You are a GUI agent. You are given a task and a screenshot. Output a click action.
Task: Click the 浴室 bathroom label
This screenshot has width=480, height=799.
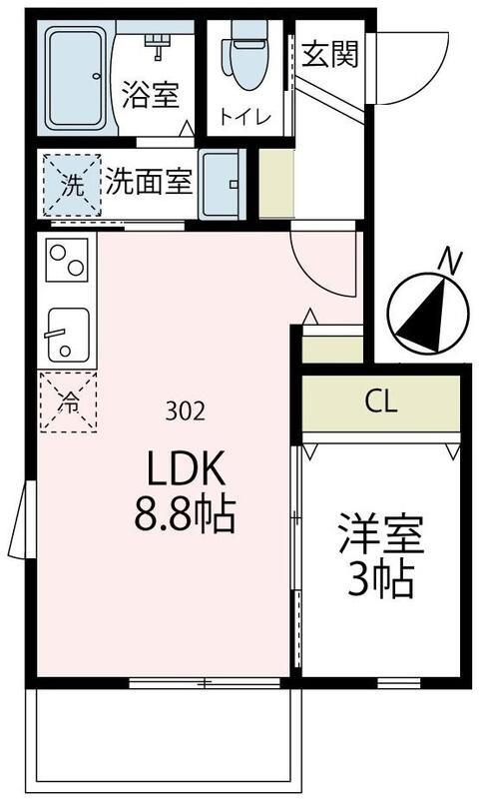coord(151,96)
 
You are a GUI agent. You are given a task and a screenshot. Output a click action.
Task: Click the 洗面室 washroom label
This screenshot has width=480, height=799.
coord(149,183)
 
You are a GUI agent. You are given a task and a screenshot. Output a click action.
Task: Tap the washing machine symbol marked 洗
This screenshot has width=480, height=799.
coord(71,184)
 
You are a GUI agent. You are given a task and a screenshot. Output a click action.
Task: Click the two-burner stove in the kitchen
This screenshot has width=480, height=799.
coord(68,260)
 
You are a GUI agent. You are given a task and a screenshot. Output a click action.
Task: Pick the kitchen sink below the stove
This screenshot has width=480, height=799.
coord(68,333)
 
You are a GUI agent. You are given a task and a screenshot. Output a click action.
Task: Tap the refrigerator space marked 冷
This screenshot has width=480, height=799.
coord(68,401)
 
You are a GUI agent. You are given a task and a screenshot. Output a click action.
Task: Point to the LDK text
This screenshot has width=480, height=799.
coord(189,469)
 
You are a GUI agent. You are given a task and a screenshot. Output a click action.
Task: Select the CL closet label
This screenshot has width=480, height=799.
coord(381,402)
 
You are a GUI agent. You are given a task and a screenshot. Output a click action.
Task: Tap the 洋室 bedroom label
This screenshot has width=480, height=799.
coord(381,535)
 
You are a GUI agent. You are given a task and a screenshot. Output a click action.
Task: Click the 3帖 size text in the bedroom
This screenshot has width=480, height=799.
coord(380,581)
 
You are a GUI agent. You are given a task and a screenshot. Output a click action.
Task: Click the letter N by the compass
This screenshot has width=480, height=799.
coord(452,263)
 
